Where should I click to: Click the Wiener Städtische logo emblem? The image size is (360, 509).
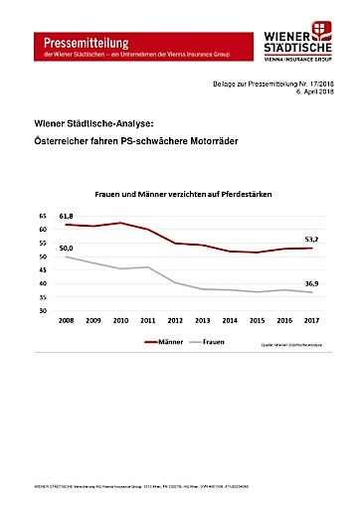coord(320,29)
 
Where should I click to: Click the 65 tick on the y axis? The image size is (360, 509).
coord(42,216)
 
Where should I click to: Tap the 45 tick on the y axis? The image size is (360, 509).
coord(42,270)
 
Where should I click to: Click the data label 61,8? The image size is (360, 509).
coord(68,216)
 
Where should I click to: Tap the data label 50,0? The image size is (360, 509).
coord(68,248)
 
